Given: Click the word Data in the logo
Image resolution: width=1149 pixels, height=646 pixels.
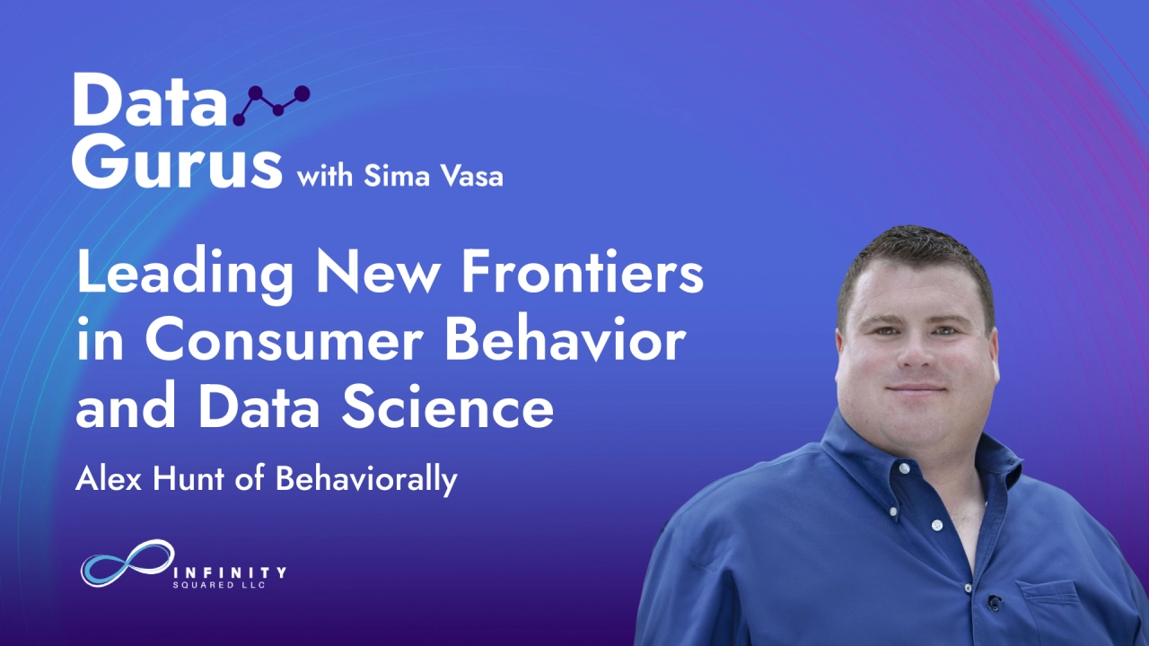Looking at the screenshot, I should tap(149, 100).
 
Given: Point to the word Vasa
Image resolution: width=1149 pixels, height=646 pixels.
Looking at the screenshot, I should tap(471, 176).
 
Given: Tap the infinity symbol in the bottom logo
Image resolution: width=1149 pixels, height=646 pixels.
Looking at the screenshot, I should tap(127, 564).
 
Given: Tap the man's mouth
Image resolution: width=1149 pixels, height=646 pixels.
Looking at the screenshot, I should tap(916, 388).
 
